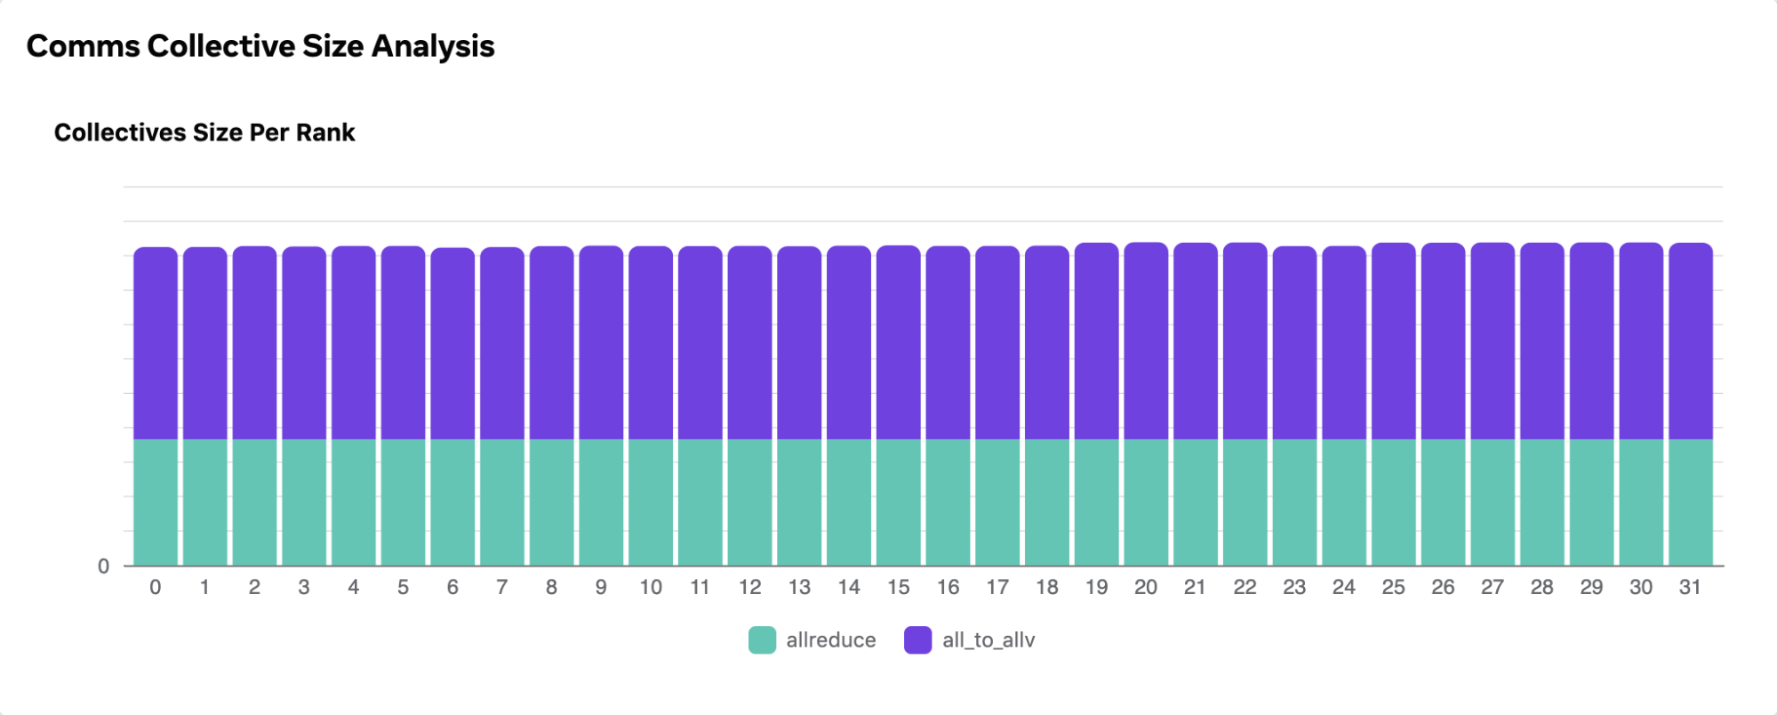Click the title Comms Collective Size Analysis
pos(260,46)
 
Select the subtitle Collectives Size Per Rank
pos(204,133)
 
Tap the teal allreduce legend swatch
pos(762,640)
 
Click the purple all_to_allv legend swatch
pos(917,640)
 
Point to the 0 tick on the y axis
pos(104,566)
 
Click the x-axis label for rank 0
pos(156,587)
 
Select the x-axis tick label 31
pos(1690,587)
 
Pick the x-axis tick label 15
pos(898,587)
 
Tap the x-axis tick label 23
pos(1294,587)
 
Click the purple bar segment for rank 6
pos(452,343)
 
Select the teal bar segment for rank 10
pos(651,502)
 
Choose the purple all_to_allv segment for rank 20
pos(1146,341)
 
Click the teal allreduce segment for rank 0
pos(156,502)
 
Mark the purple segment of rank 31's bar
pos(1690,341)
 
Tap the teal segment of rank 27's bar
pos(1493,502)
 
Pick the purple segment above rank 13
pos(799,342)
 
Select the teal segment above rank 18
pos(1047,502)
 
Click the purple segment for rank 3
pos(304,342)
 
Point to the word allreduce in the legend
pos(831,640)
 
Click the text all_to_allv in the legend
pos(989,640)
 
